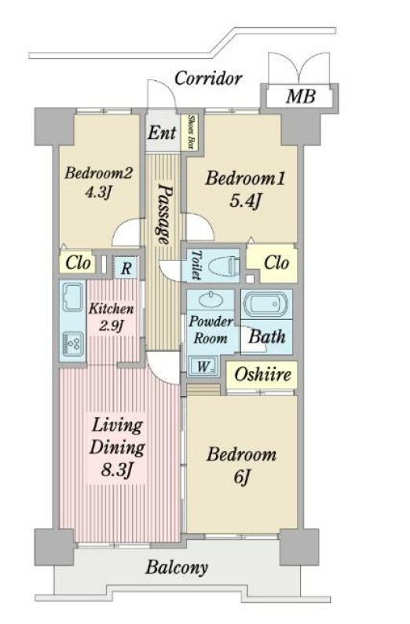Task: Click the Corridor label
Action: coord(208,78)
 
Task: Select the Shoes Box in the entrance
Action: coord(191,133)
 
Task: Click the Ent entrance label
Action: coord(162,133)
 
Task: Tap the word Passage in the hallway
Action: coord(165,214)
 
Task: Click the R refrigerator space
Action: coord(126,267)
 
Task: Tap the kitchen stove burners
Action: coord(73,343)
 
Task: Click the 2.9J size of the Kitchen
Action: coord(111,327)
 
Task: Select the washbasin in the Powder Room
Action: coord(210,299)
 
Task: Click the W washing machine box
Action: coord(203,365)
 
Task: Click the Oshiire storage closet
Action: coord(262,375)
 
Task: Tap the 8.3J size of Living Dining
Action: coord(116,471)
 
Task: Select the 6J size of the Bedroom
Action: coord(241,477)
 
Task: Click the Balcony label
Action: coord(177,568)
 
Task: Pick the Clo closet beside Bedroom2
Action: coord(78,262)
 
